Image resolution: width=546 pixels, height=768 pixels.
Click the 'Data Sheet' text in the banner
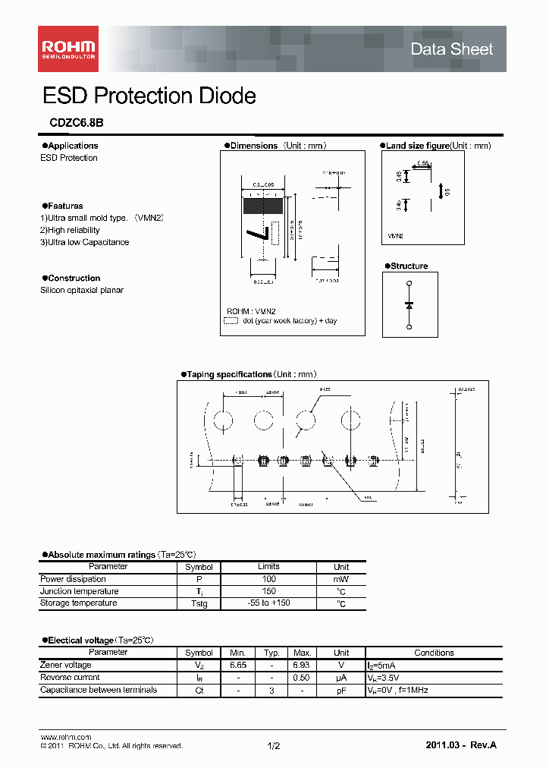click(451, 49)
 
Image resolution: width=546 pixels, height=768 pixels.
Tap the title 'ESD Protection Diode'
click(149, 96)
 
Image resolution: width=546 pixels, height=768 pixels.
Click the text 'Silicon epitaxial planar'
click(81, 290)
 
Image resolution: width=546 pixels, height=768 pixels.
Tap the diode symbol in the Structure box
click(409, 304)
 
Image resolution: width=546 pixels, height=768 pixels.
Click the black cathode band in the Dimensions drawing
click(263, 205)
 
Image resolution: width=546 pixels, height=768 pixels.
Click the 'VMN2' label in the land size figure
click(395, 237)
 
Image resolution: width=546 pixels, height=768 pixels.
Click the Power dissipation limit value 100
click(268, 579)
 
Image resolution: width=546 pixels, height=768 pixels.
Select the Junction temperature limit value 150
click(268, 591)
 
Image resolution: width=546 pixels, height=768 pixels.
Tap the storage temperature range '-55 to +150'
click(268, 603)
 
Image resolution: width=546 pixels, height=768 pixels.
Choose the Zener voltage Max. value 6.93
click(302, 665)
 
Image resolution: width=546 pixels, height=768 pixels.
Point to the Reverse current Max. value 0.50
click(302, 678)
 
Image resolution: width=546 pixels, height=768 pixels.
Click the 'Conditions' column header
click(434, 653)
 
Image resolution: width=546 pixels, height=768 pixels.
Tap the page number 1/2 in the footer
click(274, 746)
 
